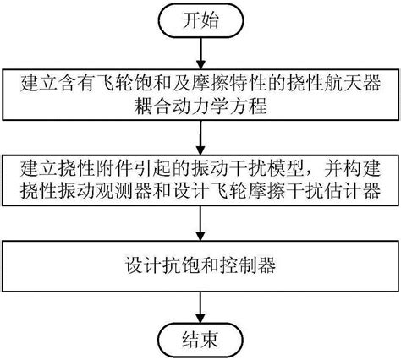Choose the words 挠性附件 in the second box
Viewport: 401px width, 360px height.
coord(86,166)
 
